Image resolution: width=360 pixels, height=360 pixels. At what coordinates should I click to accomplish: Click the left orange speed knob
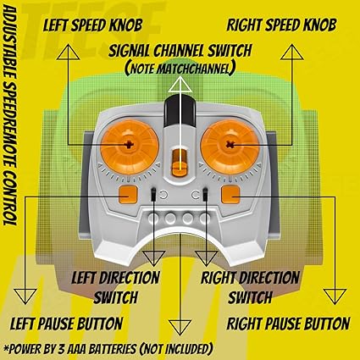(x=130, y=147)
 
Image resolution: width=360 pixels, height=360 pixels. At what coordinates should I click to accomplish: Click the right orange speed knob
(x=230, y=147)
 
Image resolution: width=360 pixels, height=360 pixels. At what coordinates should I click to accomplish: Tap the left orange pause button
(x=128, y=195)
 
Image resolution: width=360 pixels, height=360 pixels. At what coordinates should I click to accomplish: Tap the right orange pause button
(x=230, y=195)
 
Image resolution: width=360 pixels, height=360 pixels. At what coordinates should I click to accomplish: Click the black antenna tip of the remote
(x=180, y=111)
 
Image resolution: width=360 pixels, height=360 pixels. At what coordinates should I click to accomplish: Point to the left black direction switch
(x=153, y=194)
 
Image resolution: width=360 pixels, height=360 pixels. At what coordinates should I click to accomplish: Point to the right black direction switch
(x=206, y=194)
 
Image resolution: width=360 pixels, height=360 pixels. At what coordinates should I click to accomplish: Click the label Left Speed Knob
(x=92, y=25)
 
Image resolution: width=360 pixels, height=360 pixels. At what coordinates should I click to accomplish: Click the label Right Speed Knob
(x=282, y=25)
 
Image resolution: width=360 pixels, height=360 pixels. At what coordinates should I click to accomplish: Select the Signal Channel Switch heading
(x=180, y=51)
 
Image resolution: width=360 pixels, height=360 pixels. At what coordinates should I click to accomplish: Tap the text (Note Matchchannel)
(x=180, y=69)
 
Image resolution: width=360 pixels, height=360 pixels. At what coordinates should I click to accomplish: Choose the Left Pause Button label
(x=66, y=324)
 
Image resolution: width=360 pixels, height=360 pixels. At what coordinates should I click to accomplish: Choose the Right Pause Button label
(x=288, y=324)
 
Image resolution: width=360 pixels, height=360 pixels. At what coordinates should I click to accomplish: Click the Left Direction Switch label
(x=115, y=287)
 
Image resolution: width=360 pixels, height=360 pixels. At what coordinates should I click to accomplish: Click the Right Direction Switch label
(x=250, y=287)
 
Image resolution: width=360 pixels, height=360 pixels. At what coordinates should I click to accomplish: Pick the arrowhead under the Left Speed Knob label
(x=68, y=52)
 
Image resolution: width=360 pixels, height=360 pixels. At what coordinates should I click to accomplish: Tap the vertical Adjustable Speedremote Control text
(x=10, y=116)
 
